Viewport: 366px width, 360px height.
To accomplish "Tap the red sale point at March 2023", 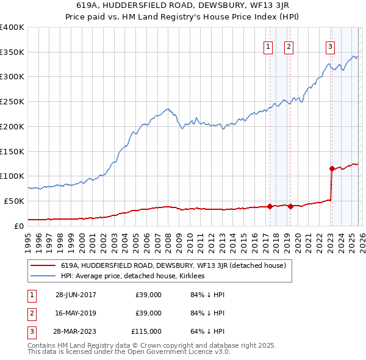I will pyautogui.click(x=331, y=168).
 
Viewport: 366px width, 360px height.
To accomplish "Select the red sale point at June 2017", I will pyautogui.click(x=270, y=206).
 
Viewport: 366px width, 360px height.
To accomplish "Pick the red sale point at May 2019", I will pyautogui.click(x=290, y=206).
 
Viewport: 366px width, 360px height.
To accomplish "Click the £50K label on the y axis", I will pyautogui.click(x=14, y=201).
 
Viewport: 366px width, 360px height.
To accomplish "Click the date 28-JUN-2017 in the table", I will pyautogui.click(x=76, y=295).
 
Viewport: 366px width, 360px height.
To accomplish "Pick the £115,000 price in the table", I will pyautogui.click(x=147, y=331).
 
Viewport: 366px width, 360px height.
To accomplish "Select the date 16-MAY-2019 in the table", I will pyautogui.click(x=76, y=313).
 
